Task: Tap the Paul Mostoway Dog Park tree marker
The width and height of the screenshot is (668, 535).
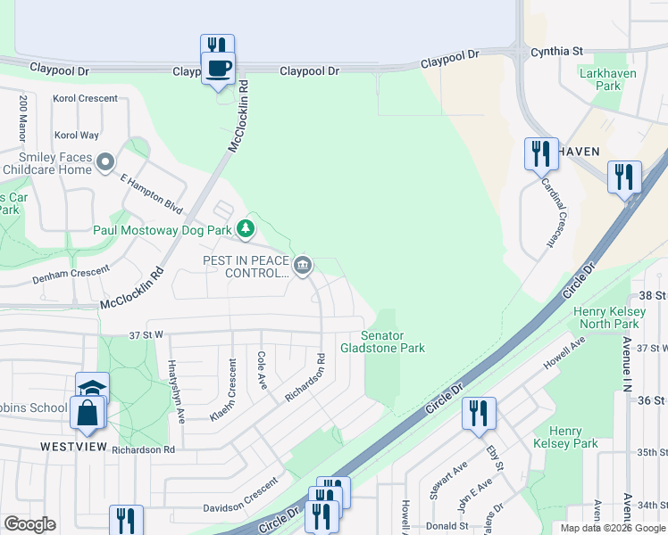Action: coord(245,229)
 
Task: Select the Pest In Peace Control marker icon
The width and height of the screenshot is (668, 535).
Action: coord(303,264)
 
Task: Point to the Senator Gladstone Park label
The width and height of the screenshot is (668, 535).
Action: coord(382,342)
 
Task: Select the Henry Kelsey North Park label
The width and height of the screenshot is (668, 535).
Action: coord(606,317)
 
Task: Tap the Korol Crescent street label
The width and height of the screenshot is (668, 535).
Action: coord(85,98)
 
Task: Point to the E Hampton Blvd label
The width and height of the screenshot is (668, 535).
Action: coord(151,193)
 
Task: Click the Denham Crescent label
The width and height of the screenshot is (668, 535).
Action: coord(71,274)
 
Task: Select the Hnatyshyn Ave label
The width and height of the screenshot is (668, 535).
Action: coord(175,391)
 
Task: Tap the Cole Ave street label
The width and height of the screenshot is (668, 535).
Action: coord(263,369)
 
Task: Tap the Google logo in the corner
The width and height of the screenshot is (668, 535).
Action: coord(29,524)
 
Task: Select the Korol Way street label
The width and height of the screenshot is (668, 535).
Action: coord(77,136)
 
